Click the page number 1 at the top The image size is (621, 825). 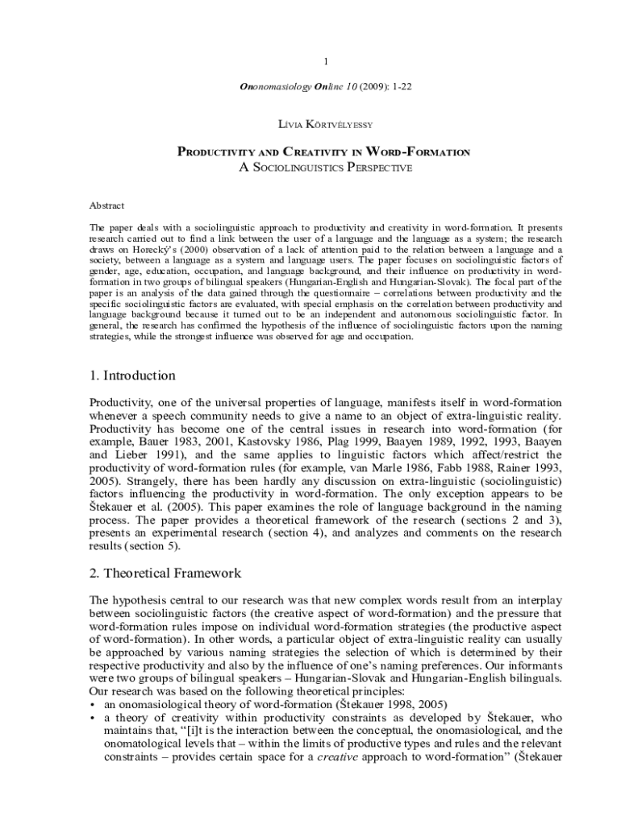(325, 61)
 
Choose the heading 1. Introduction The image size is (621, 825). (132, 375)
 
